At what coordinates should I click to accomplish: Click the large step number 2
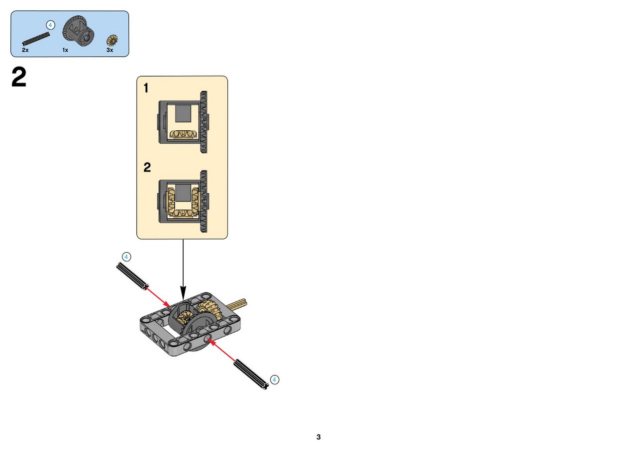[x=19, y=77]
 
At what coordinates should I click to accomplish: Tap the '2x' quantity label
[x=25, y=50]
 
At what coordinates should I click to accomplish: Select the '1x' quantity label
[x=65, y=50]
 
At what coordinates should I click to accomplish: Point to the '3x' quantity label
[x=110, y=50]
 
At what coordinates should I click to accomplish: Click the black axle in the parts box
[x=36, y=39]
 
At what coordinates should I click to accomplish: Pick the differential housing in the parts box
[x=78, y=31]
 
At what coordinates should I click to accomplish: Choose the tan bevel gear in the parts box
[x=112, y=40]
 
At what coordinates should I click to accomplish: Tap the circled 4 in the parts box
[x=50, y=25]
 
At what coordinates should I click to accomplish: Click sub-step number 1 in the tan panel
[x=146, y=88]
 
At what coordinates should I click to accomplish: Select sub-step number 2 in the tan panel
[x=147, y=168]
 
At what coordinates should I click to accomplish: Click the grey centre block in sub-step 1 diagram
[x=183, y=113]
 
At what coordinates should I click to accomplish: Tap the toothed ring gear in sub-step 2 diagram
[x=204, y=201]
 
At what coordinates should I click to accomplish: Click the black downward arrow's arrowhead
[x=183, y=293]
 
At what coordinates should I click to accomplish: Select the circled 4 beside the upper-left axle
[x=126, y=257]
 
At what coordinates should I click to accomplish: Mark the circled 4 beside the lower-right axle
[x=274, y=380]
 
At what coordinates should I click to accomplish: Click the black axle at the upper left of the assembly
[x=132, y=276]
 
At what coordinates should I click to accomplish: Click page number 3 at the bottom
[x=318, y=437]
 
